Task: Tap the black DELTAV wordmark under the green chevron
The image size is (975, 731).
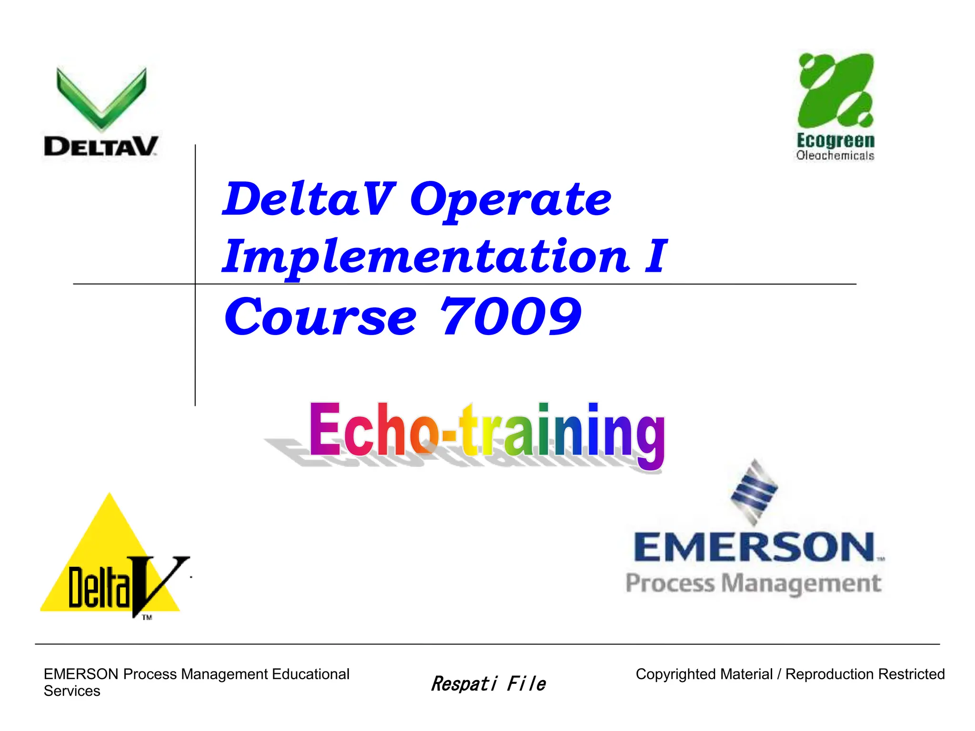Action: pos(100,146)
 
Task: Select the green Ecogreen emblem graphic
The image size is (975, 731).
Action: pos(836,90)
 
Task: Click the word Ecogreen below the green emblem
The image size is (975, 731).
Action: pos(836,140)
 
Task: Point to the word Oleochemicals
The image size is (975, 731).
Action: pos(835,156)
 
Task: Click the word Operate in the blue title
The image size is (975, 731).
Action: pos(510,200)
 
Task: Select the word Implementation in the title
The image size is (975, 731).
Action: pos(427,257)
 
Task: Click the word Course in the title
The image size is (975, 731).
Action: pos(320,317)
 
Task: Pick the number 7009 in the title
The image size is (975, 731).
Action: pos(510,316)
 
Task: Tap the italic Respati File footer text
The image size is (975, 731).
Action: pos(488,683)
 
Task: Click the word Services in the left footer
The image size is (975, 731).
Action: pos(72,691)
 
